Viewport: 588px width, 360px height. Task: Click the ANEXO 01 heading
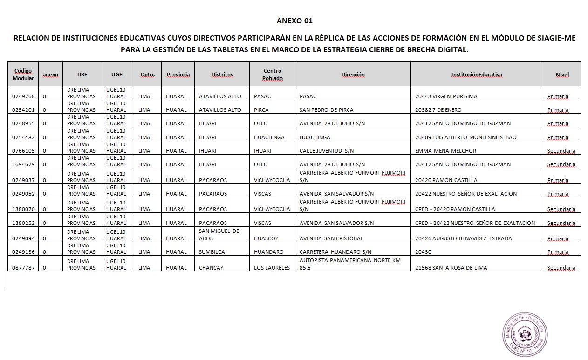(294, 21)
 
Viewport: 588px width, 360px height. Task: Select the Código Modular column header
(23, 75)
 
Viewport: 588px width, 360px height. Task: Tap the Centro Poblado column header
(272, 75)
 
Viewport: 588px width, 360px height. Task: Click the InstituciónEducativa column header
(477, 75)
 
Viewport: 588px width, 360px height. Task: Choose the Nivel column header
(562, 75)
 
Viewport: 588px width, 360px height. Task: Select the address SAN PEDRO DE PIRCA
(326, 110)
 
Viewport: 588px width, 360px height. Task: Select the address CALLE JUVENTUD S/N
(326, 151)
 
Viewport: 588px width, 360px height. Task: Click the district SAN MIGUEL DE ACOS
(219, 235)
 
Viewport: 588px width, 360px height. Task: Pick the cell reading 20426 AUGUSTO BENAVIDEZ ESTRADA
(463, 238)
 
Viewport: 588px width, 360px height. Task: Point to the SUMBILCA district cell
(212, 252)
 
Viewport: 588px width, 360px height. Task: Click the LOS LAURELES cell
(272, 268)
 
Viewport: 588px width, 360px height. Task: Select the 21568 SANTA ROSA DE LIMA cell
(451, 268)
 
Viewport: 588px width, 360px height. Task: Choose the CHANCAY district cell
(211, 268)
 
